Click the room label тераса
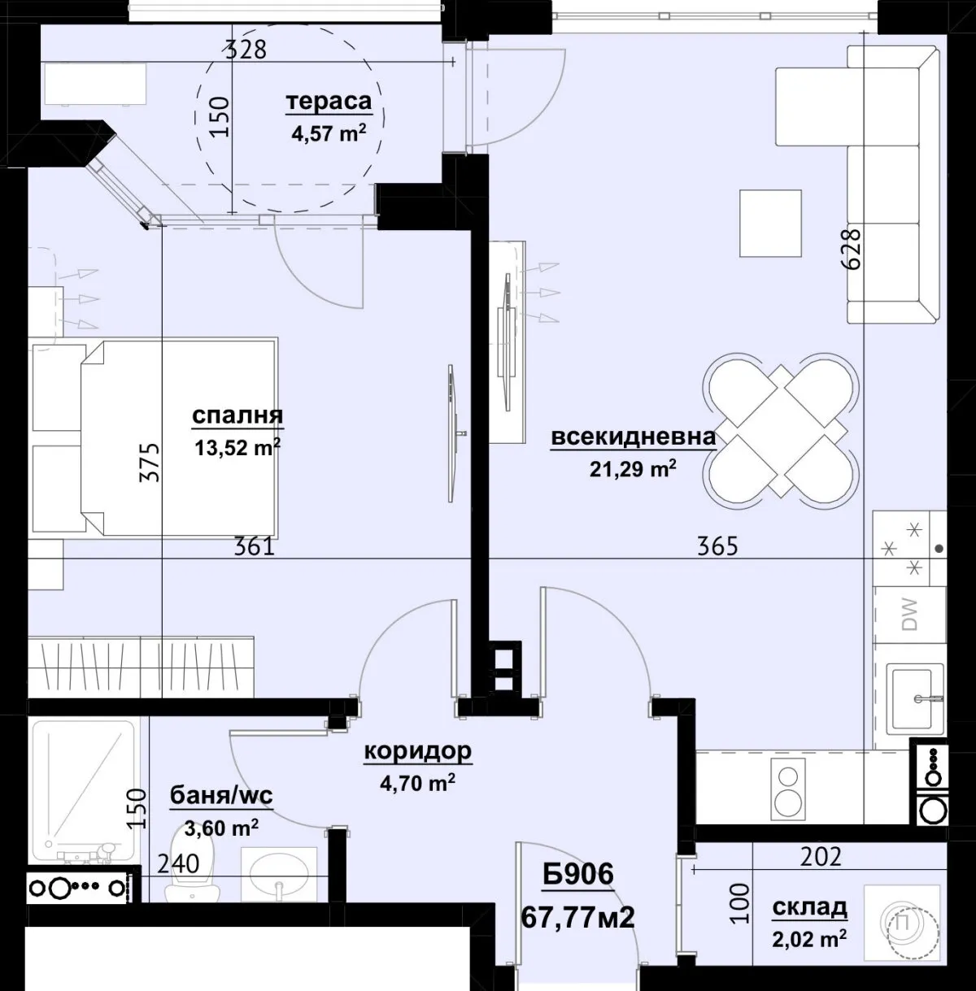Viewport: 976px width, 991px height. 329,102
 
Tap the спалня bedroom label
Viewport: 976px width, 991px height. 237,415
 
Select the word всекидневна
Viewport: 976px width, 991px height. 634,437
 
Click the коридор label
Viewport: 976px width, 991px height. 418,751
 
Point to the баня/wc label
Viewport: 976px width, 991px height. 221,796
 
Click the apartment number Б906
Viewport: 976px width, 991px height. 577,874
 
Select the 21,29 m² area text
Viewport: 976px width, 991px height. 633,468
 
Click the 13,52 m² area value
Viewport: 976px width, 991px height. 237,447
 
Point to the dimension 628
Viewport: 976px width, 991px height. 851,249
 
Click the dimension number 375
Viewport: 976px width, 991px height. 150,462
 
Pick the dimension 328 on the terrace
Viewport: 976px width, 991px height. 246,50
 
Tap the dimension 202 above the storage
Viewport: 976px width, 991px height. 821,857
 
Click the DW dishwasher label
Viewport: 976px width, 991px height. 910,614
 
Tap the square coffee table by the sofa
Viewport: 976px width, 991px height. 770,224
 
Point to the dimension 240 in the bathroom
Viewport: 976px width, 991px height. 178,864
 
